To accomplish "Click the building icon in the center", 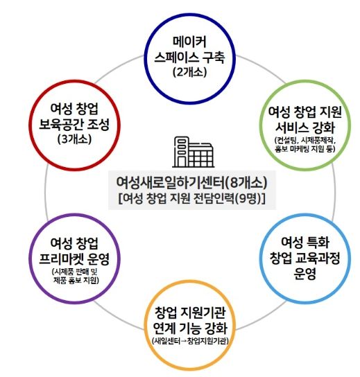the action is [193, 152].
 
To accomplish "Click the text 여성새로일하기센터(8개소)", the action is [191, 182].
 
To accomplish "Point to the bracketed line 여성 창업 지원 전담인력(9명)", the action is [192, 198].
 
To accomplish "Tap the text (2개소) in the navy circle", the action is [190, 71].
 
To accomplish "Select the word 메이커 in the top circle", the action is [190, 42].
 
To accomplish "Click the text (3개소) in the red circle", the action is [75, 139].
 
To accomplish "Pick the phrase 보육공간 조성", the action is [74, 124].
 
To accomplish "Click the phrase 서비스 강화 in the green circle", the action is [305, 128].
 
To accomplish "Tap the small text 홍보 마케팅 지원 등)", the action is [305, 149].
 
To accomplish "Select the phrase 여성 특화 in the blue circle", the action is [305, 242].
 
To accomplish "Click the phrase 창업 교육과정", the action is [305, 258].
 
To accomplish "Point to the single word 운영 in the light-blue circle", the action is [305, 274].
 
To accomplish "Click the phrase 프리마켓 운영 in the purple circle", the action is [74, 258].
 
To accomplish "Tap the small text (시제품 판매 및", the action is [75, 272].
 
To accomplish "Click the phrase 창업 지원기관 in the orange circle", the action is [190, 313].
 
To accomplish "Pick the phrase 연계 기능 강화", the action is [190, 328].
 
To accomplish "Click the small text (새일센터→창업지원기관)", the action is [190, 341].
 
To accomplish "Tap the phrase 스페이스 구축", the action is [189, 57].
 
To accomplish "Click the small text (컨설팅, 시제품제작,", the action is [305, 140].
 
